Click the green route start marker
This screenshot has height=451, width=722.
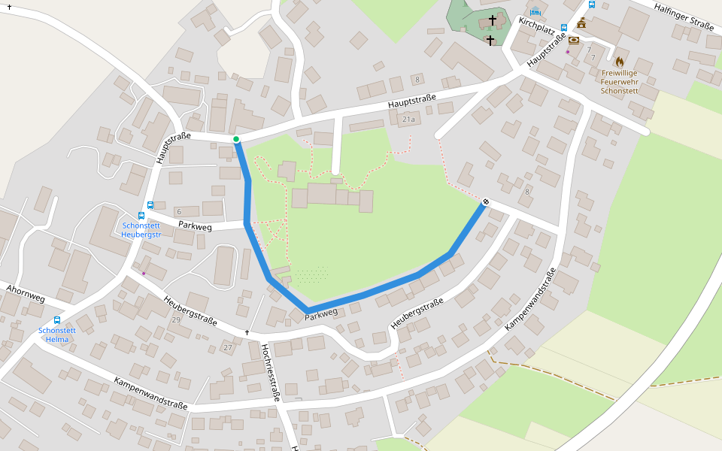[236, 139]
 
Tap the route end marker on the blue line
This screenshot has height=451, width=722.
[486, 201]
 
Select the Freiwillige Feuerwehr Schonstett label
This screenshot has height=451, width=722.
[620, 81]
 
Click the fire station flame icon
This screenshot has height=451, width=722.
[620, 61]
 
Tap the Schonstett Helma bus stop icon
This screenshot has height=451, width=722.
[57, 320]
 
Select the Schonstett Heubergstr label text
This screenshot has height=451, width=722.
[142, 229]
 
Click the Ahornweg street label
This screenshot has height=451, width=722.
[26, 294]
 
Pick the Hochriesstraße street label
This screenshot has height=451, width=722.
[270, 372]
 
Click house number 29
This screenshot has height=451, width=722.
[176, 320]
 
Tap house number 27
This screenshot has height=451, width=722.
[228, 347]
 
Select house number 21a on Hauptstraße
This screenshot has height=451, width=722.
[408, 120]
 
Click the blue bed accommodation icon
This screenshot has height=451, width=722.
[535, 11]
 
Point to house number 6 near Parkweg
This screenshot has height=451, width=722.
[179, 212]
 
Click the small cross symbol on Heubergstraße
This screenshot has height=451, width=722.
[247, 331]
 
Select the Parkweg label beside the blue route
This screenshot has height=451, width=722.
[321, 316]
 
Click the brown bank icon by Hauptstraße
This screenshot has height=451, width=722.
[574, 40]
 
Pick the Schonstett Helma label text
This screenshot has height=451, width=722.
[57, 334]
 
